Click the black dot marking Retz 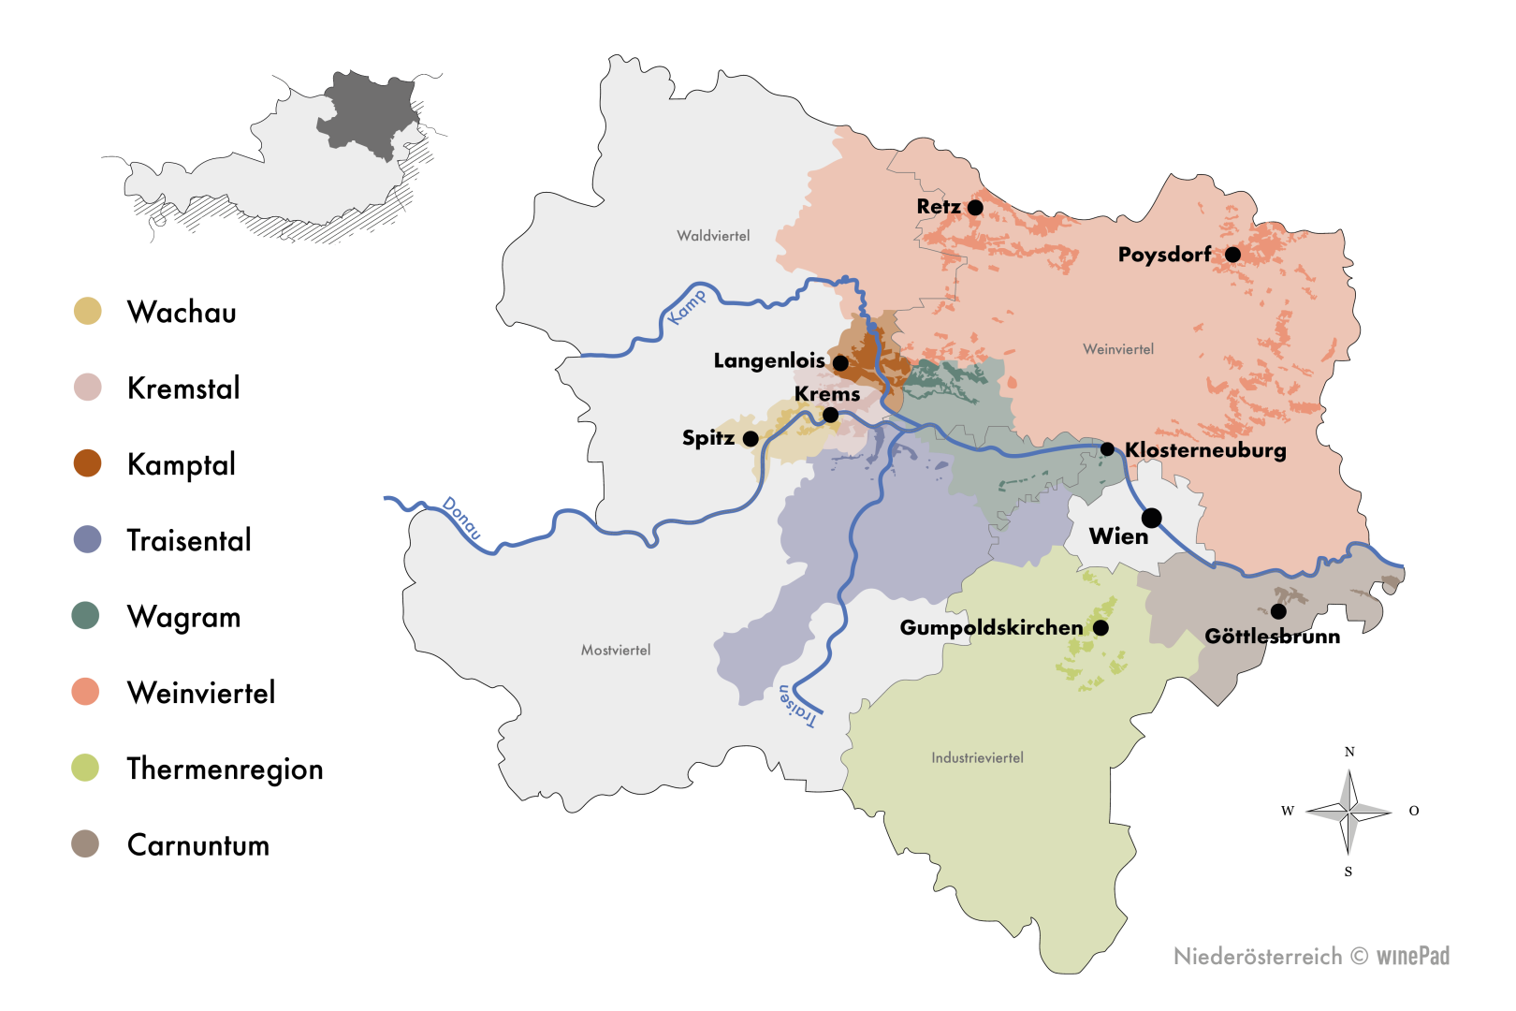click(x=975, y=207)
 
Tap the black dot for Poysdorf click(x=1232, y=254)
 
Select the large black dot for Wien click(x=1152, y=518)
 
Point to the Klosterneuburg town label click(x=1205, y=450)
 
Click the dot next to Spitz click(x=751, y=438)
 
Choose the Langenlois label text click(x=769, y=360)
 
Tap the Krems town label click(x=827, y=394)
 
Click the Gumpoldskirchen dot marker click(x=1101, y=627)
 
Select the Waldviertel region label click(x=713, y=236)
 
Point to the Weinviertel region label click(x=1118, y=349)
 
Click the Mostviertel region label click(x=616, y=650)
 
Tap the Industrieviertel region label click(x=977, y=757)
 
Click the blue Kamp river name click(x=688, y=306)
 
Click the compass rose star click(x=1348, y=812)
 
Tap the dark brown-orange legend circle click(x=87, y=462)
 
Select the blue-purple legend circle click(x=87, y=539)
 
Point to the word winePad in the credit click(x=1412, y=956)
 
